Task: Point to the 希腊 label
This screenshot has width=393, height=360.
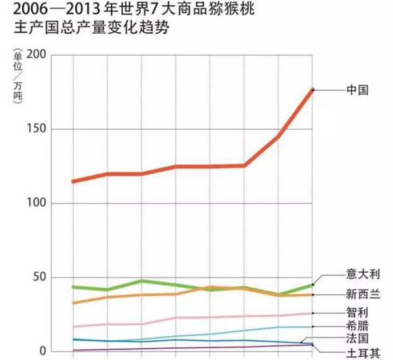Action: [356, 326]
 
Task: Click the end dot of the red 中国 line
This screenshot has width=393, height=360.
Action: [313, 89]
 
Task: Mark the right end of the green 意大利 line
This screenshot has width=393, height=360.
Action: [313, 285]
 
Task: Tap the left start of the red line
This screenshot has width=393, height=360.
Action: [73, 181]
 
